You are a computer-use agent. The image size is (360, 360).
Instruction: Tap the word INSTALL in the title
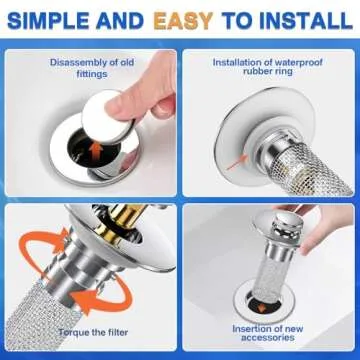[x=305, y=20]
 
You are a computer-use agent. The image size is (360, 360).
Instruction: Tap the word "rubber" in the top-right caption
[x=246, y=75]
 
